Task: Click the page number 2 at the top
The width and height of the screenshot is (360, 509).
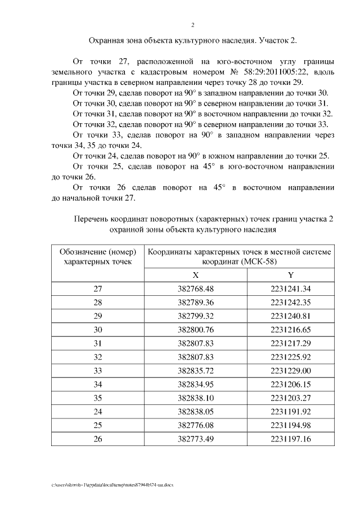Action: (x=192, y=25)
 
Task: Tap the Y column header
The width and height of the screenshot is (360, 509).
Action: (x=290, y=275)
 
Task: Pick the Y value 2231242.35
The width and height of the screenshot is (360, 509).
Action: (x=290, y=302)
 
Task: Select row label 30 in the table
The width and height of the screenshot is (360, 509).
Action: (x=98, y=329)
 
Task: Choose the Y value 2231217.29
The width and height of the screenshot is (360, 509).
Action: (x=290, y=343)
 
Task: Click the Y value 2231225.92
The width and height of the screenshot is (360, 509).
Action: (x=290, y=356)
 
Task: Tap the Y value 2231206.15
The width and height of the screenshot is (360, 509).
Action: (x=290, y=383)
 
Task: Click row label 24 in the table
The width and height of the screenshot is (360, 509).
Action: (x=98, y=410)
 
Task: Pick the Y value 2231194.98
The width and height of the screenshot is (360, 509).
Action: (x=290, y=424)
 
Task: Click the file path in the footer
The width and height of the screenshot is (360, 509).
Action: (x=112, y=484)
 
